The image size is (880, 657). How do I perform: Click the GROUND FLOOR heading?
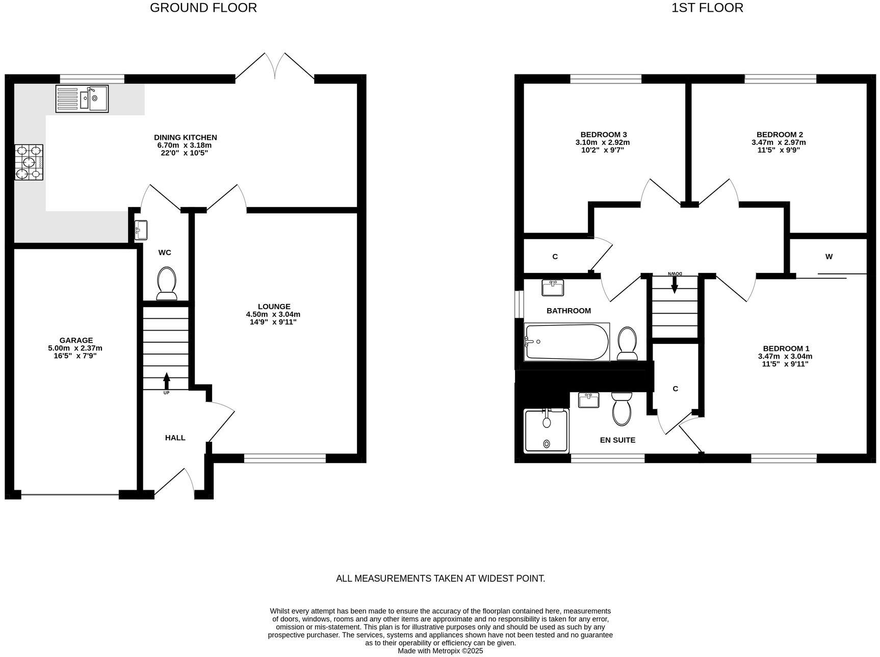pyautogui.click(x=203, y=8)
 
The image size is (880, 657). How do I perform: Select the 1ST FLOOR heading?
pyautogui.click(x=707, y=8)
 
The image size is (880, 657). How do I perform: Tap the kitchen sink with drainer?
pyautogui.click(x=82, y=98)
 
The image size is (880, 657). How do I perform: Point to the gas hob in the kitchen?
pyautogui.click(x=29, y=162)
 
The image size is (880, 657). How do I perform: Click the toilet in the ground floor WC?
pyautogui.click(x=166, y=284)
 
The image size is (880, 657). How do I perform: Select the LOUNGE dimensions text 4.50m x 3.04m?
pyautogui.click(x=273, y=314)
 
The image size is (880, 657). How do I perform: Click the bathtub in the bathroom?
pyautogui.click(x=567, y=342)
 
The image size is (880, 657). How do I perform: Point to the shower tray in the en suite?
pyautogui.click(x=547, y=431)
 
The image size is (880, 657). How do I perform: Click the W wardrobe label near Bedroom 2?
pyautogui.click(x=829, y=257)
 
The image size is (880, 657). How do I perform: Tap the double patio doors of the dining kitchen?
pyautogui.click(x=275, y=66)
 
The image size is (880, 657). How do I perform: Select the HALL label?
pyautogui.click(x=175, y=438)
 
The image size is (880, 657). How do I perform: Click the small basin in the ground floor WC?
pyautogui.click(x=141, y=230)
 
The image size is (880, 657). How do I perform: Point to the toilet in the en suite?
pyautogui.click(x=622, y=409)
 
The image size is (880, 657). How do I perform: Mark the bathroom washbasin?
pyautogui.click(x=553, y=288)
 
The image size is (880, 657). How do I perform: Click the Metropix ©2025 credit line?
pyautogui.click(x=440, y=651)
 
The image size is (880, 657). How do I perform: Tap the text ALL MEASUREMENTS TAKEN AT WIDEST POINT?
pyautogui.click(x=440, y=578)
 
